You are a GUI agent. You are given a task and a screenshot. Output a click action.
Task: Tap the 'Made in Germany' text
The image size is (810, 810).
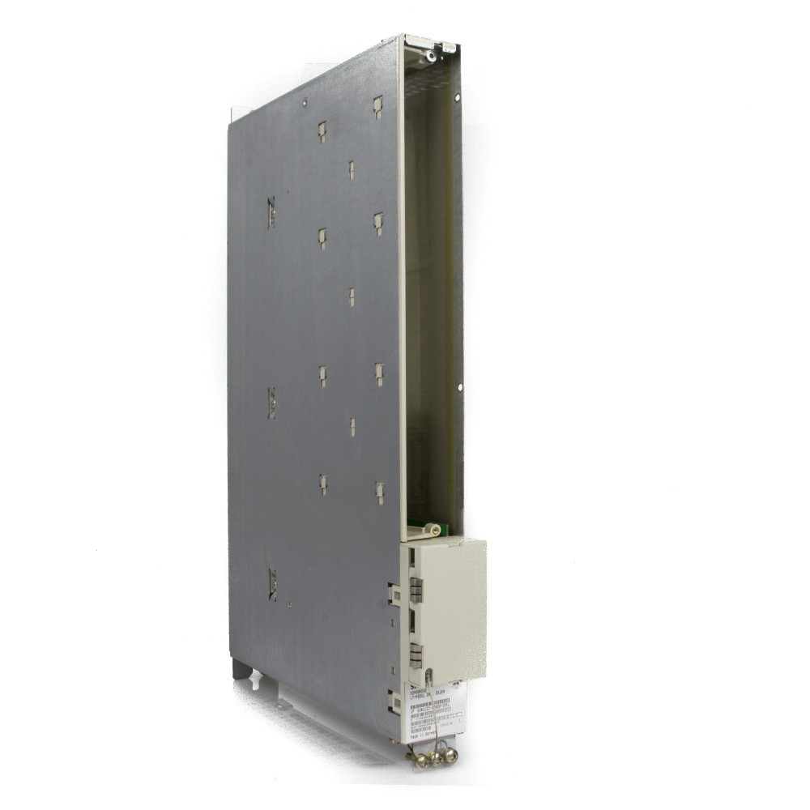pos(421,727)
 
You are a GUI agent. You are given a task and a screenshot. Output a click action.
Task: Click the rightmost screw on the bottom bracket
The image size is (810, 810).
pos(451,757)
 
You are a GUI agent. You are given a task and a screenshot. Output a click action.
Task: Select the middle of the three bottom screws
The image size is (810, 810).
pos(437,757)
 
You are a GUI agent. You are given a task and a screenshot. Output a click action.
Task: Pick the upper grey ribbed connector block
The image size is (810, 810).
pos(416,590)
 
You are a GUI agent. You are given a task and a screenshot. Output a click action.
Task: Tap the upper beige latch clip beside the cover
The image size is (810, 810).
pos(394,593)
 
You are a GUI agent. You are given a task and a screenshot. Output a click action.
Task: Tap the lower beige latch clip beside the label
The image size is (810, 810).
pos(394,702)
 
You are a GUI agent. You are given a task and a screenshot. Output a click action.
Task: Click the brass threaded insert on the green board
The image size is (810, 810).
pos(435,529)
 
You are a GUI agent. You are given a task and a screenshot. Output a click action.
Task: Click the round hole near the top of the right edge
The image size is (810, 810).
pos(458,98)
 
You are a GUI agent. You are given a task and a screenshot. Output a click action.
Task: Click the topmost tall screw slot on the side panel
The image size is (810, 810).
pos(271,212)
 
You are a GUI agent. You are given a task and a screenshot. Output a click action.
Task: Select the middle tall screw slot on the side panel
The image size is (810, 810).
pos(271,403)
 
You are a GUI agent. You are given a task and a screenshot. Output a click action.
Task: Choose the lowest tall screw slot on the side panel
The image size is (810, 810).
pos(272,584)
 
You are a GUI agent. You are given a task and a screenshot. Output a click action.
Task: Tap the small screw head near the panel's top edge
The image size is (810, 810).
pos(305,103)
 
